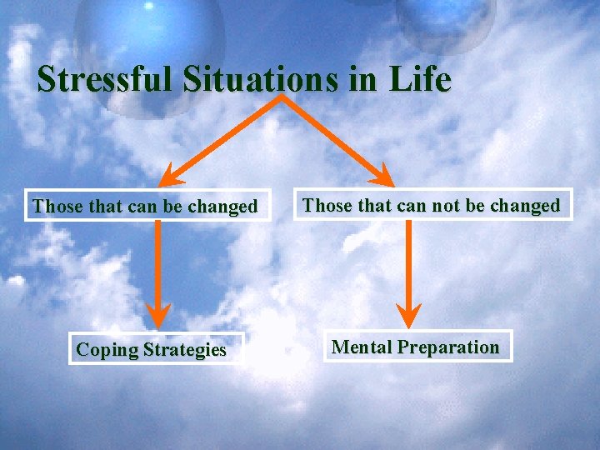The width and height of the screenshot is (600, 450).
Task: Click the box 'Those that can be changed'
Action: click(x=145, y=206)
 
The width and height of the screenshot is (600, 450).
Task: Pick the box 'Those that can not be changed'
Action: click(x=432, y=205)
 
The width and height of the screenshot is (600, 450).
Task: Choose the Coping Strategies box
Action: click(x=151, y=349)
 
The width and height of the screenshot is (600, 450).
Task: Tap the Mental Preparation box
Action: click(x=416, y=347)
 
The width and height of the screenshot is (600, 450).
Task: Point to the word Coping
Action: click(x=107, y=350)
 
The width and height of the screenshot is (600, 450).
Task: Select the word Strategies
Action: click(x=184, y=349)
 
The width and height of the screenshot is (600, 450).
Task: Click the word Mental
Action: click(x=362, y=347)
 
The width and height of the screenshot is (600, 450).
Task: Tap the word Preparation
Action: click(x=448, y=347)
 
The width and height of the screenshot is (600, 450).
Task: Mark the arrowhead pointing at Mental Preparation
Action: click(x=408, y=315)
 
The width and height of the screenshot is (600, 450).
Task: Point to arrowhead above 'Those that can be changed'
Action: click(x=172, y=174)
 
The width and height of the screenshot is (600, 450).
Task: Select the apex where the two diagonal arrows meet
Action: click(x=282, y=97)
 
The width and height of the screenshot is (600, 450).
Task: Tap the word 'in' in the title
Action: click(x=362, y=79)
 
